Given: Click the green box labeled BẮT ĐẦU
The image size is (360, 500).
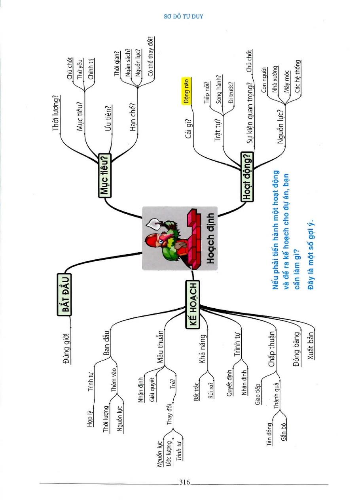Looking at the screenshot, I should click(x=64, y=294).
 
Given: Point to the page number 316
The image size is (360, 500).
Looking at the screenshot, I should click(x=185, y=482).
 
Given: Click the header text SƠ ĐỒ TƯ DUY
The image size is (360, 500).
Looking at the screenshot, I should click(x=183, y=17).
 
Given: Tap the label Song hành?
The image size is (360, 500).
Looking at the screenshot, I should click(x=219, y=89).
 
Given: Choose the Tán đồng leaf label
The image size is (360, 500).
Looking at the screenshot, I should click(x=270, y=434).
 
